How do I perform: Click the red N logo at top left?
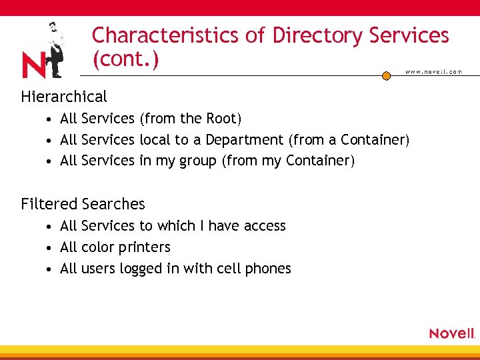coord(33,66)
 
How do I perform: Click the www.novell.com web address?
coord(433,71)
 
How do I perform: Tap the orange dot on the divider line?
coord(386,76)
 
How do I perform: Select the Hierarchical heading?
coord(64,97)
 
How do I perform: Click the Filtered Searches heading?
coord(83,204)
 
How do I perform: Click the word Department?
coord(244,140)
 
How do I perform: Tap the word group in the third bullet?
coord(198,161)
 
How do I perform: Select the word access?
coord(265,226)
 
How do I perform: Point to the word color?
coord(96,247)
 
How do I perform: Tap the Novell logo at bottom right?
coord(452,333)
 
